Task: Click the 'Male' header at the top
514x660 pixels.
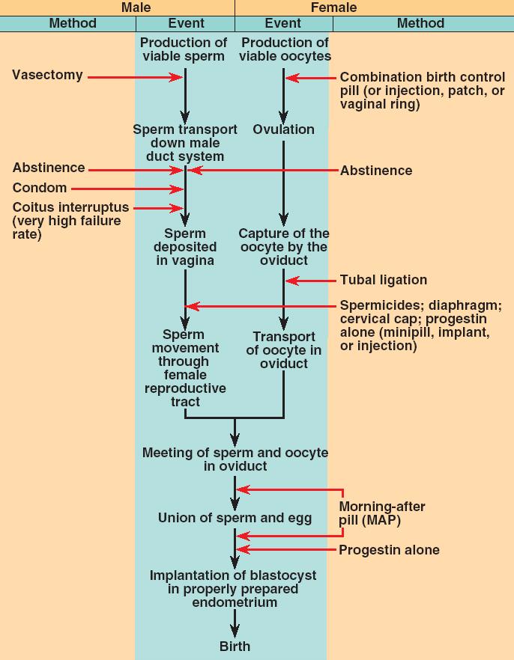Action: coord(136,7)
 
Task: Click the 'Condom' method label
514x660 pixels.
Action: coord(40,188)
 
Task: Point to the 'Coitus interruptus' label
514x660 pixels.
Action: coord(70,207)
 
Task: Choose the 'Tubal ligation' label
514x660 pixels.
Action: coord(383,280)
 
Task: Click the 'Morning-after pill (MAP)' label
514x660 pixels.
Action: coord(382,514)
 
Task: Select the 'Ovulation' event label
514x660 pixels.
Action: coord(283,129)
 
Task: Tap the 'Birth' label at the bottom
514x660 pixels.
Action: coord(235,646)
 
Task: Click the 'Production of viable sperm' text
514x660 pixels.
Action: coord(184,49)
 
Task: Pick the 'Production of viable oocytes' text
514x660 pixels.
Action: coord(285,49)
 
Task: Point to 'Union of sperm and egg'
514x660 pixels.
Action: coord(235,518)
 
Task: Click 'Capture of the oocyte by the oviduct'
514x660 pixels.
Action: coord(284,247)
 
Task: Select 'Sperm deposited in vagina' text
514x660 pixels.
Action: coord(185,247)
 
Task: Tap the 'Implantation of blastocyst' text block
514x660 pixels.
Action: coord(233,589)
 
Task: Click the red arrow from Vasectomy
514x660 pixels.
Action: coord(135,76)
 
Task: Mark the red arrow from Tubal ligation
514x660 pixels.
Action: coord(312,281)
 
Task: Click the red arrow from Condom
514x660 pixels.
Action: coord(127,189)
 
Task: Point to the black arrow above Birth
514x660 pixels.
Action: coord(235,623)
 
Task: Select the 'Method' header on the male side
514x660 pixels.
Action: coord(73,23)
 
